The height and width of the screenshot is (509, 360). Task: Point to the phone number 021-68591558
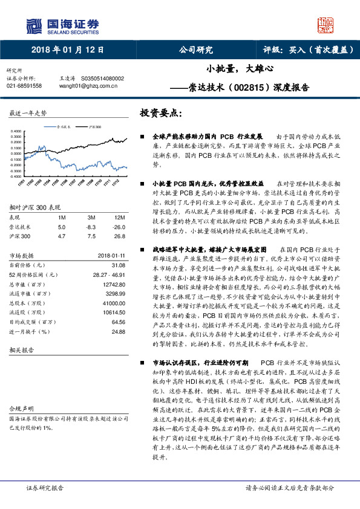pos(24,86)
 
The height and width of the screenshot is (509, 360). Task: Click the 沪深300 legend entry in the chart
pos(93,128)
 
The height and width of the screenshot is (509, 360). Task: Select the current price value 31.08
pos(119,282)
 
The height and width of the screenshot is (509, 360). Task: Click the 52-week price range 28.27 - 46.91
pos(110,291)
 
